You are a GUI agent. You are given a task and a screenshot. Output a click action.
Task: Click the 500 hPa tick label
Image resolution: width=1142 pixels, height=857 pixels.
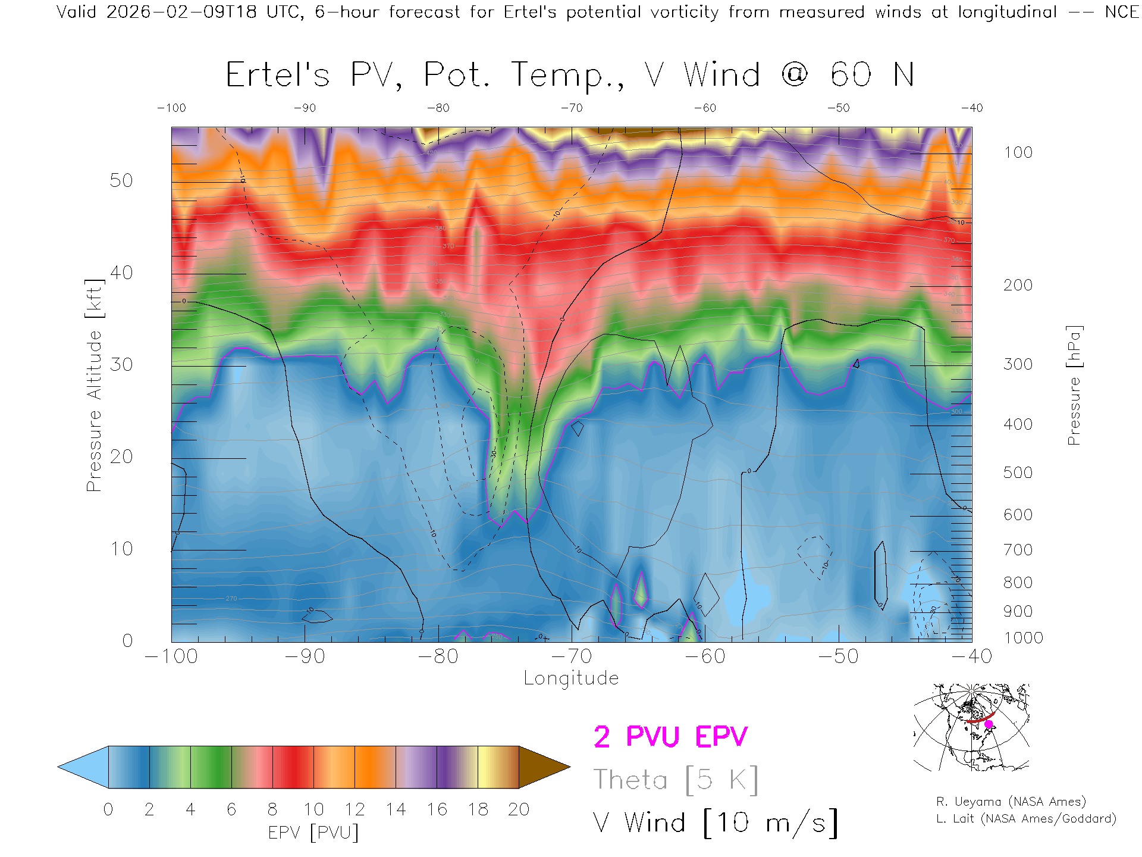[1018, 473]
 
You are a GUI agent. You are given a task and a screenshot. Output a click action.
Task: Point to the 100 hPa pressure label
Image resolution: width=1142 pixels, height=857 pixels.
[1018, 152]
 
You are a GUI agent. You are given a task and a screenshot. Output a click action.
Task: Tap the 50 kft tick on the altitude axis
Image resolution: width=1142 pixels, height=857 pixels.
[121, 180]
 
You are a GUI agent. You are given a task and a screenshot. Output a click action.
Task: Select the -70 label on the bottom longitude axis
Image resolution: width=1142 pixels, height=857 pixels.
[572, 656]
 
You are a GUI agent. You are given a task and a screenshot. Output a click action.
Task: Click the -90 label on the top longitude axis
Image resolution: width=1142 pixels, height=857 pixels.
[305, 108]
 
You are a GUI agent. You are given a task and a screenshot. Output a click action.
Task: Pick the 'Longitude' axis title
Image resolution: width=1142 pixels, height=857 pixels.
[571, 678]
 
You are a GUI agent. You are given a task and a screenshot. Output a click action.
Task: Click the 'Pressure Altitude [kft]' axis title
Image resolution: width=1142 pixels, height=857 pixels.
[94, 385]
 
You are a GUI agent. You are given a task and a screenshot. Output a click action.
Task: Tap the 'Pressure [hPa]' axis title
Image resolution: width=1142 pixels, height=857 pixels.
[1074, 385]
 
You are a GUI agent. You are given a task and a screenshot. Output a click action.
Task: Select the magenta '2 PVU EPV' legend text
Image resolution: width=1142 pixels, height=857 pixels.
[670, 737]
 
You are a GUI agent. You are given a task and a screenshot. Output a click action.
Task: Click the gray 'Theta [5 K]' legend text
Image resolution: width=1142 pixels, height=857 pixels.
[676, 780]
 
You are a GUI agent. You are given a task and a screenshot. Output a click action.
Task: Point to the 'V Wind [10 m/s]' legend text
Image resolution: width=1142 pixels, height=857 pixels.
[715, 823]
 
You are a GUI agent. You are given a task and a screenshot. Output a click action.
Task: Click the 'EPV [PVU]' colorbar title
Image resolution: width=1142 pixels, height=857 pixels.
[313, 833]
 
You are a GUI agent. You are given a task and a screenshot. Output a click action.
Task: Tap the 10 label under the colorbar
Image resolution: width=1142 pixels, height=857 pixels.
[313, 809]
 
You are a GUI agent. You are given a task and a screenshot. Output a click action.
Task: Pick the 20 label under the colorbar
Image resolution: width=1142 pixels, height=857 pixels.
[519, 809]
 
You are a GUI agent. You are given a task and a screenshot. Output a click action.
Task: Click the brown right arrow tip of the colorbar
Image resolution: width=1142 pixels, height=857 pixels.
[544, 767]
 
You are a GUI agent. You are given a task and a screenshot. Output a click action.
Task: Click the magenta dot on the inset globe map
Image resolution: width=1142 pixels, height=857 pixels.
[989, 724]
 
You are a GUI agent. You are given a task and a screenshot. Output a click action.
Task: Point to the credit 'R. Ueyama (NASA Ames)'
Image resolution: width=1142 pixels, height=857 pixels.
[1011, 802]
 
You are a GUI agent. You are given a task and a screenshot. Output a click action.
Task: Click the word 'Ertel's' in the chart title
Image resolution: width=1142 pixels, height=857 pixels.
[277, 75]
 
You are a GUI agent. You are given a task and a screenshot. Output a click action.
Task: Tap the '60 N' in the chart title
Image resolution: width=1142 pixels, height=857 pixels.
[872, 75]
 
